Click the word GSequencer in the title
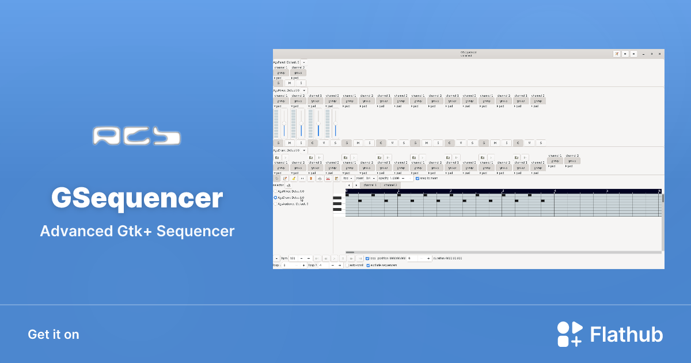pos(137,198)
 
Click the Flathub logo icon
pos(569,334)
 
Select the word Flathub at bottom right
pos(627,335)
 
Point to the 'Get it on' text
pos(54,334)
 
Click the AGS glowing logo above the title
pos(136,136)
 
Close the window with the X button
pos(659,54)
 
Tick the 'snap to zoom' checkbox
pos(417,178)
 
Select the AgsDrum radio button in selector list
pos(275,197)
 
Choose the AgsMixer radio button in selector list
pos(275,191)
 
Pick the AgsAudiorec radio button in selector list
pos(275,203)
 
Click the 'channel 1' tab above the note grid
pos(369,185)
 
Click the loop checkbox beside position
pos(367,258)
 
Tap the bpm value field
pos(293,258)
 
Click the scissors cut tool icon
pos(328,179)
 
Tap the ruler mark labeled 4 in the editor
pos(555,191)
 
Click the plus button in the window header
pos(625,54)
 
